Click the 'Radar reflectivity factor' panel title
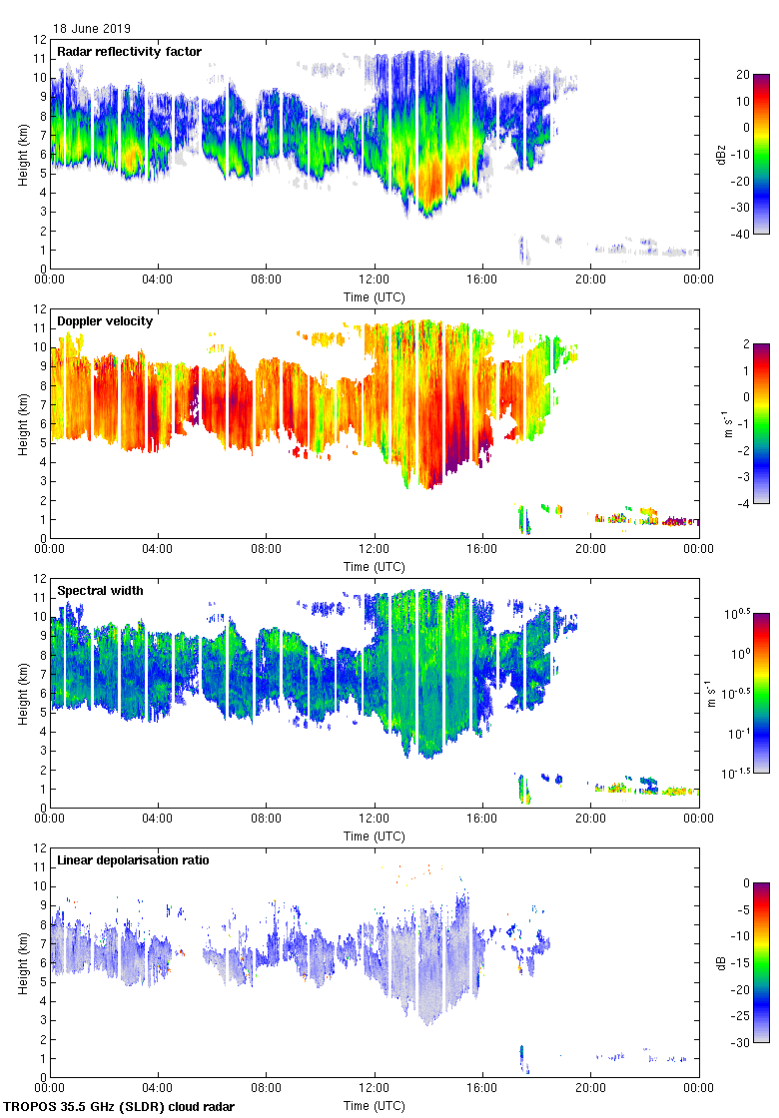tap(129, 52)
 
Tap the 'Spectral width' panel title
tap(100, 591)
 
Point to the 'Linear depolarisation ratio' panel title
tap(133, 860)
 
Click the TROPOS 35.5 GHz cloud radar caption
tap(120, 1107)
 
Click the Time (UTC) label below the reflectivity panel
tap(375, 296)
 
